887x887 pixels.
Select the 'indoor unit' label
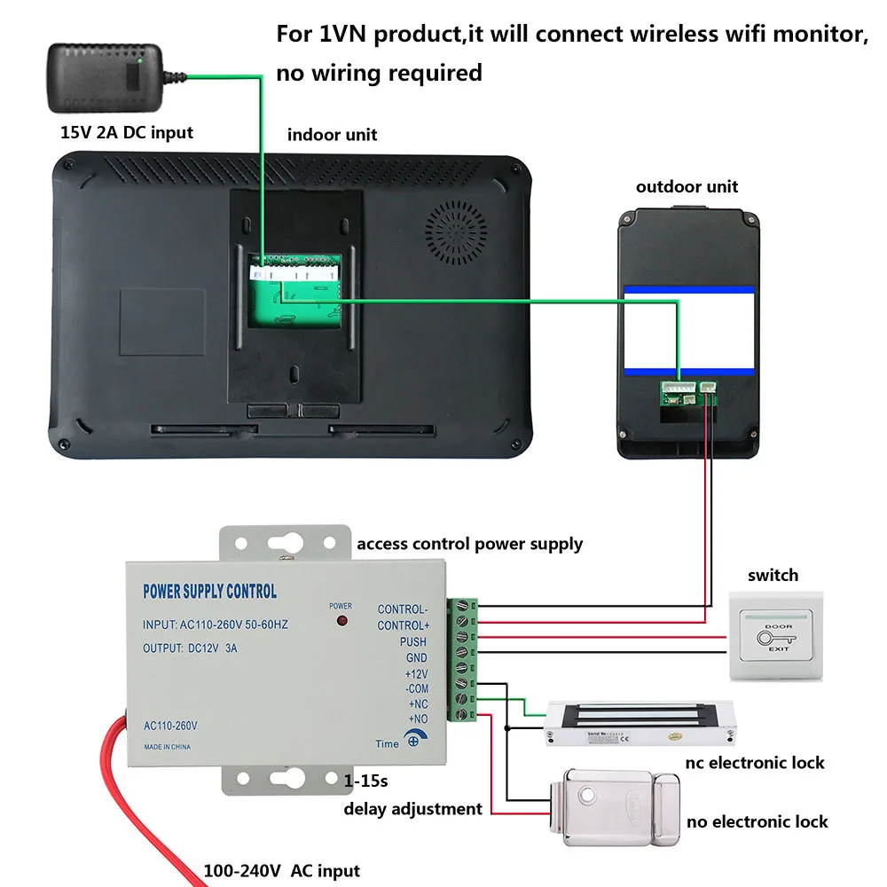tap(332, 135)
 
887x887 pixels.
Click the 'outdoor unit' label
tap(687, 186)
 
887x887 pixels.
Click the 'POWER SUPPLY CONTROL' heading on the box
tap(209, 592)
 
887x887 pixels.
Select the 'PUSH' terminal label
tap(412, 642)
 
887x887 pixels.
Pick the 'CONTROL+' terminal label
tap(403, 625)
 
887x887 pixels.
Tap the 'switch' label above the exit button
tap(773, 576)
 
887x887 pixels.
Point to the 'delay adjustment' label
tap(413, 808)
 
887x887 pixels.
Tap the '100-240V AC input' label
tap(282, 871)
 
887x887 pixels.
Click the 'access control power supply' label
tap(469, 544)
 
